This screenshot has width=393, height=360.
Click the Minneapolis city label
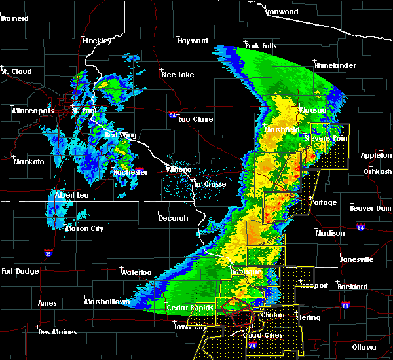(33, 111)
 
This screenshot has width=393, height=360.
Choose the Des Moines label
(57, 332)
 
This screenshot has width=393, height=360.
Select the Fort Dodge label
(17, 271)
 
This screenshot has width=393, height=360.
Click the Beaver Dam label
(370, 208)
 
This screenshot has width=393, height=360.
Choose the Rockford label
(353, 287)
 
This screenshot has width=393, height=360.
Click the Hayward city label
(193, 41)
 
